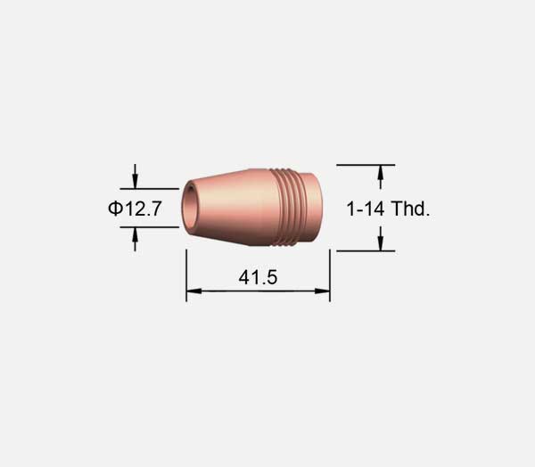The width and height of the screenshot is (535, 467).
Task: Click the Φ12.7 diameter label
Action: (135, 209)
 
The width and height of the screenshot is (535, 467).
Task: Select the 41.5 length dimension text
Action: (258, 277)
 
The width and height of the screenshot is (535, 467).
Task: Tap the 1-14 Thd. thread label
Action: (388, 209)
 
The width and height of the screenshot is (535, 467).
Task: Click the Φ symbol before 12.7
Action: (115, 209)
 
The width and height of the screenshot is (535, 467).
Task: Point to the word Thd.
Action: (410, 209)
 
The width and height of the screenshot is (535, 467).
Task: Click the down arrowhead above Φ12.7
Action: (136, 181)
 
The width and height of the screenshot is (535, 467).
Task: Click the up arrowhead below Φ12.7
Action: (136, 234)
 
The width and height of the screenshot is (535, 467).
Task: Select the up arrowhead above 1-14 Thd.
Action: (381, 173)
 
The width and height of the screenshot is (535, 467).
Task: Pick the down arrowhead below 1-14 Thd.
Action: (381, 243)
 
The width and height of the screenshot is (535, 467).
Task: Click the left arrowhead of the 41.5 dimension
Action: (193, 291)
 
